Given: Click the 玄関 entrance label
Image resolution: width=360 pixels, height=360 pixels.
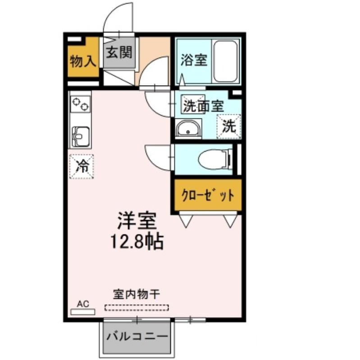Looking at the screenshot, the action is [119, 52].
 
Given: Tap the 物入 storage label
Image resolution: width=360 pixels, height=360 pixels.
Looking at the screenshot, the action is [83, 61].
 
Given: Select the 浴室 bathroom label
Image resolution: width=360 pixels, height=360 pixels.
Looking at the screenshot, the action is [194, 60].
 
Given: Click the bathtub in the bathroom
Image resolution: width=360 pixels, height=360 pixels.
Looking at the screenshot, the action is [225, 61].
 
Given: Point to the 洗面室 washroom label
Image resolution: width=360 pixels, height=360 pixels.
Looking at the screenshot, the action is [203, 106].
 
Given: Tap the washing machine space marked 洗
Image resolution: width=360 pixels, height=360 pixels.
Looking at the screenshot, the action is [229, 126].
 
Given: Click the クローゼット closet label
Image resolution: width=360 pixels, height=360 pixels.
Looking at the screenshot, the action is [208, 195].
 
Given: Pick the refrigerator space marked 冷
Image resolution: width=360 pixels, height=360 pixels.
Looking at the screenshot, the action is [82, 166].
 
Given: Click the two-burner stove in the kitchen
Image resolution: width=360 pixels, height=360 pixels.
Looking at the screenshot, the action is [81, 104].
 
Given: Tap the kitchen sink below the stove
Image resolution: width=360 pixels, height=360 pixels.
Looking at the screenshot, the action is [80, 137].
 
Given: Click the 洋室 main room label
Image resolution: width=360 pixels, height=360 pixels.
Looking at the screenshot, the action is [137, 220].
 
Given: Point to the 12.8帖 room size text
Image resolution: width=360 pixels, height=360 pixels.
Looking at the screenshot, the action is [137, 242].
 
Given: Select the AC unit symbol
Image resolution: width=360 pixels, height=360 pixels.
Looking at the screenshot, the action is [83, 312].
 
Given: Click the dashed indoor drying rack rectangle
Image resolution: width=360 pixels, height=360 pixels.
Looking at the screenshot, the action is [137, 308].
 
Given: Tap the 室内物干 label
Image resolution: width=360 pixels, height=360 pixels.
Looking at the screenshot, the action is [137, 294].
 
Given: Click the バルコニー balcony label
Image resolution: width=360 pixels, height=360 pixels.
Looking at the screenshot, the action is [137, 337].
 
